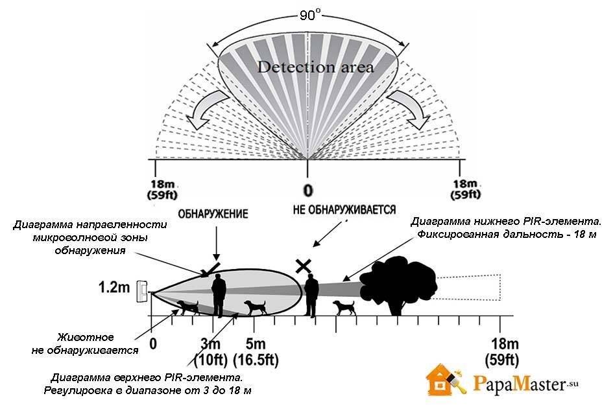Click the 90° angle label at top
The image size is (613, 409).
[309, 15]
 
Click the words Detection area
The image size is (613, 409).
[315, 67]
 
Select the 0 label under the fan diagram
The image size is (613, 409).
[308, 191]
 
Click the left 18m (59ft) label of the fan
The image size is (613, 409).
[162, 189]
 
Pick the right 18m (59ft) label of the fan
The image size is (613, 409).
[465, 189]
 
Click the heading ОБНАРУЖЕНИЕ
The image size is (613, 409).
[213, 214]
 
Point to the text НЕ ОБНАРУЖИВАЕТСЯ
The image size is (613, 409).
[344, 210]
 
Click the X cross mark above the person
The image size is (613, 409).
[304, 266]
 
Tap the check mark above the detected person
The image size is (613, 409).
[210, 269]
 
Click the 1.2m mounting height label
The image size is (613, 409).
[114, 288]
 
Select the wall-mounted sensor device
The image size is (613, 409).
[141, 292]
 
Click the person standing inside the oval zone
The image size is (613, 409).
[219, 295]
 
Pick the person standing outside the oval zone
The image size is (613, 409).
[311, 295]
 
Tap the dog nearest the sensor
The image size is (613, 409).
[187, 307]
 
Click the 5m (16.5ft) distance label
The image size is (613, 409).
[256, 352]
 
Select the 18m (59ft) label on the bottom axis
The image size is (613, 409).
[502, 352]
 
